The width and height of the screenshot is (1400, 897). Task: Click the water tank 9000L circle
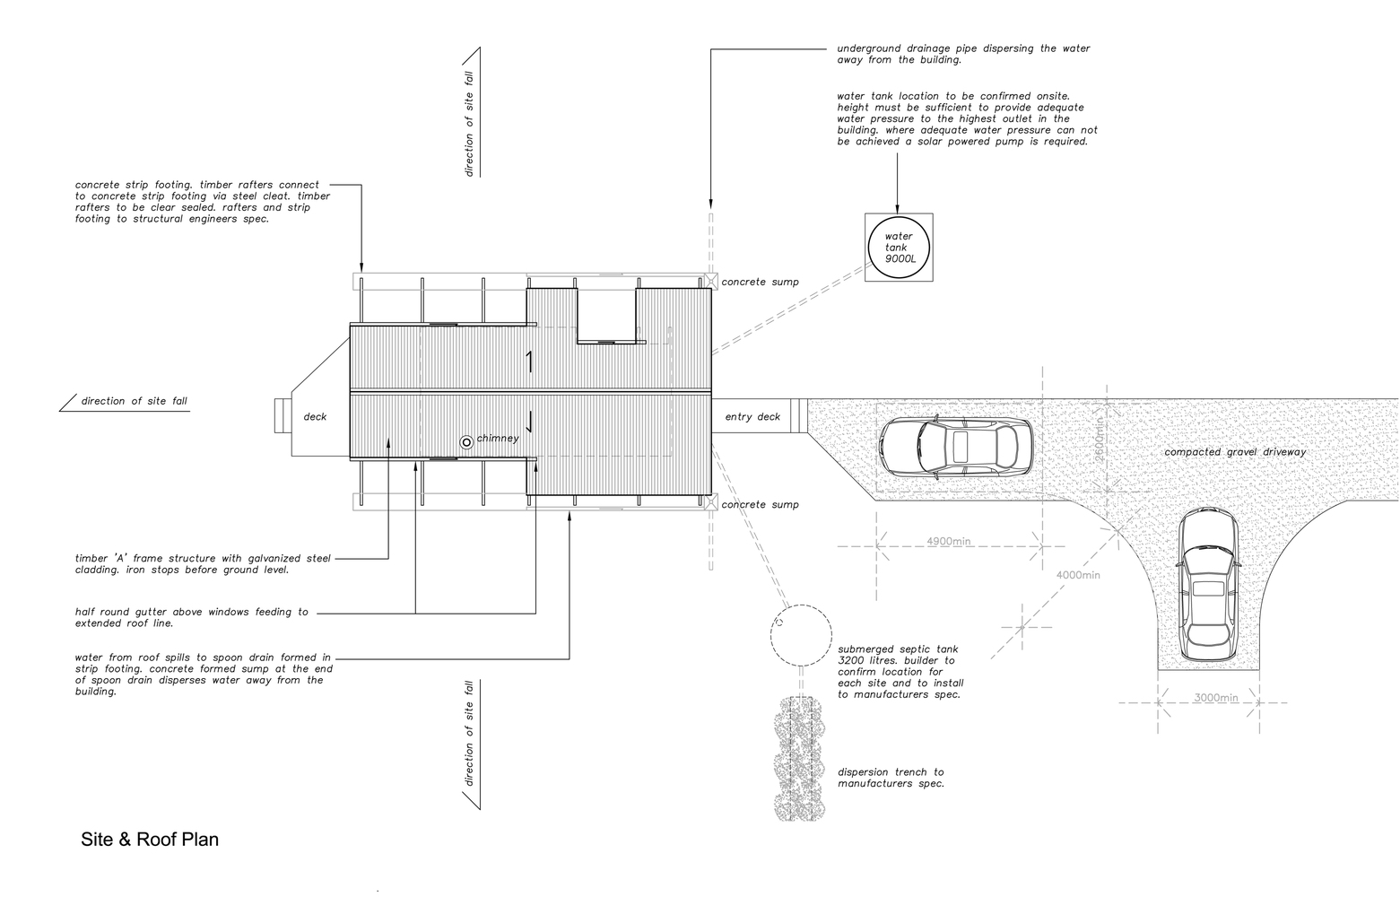click(x=899, y=218)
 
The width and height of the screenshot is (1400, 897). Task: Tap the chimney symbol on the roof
click(x=466, y=442)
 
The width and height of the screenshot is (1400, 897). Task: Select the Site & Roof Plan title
click(x=150, y=839)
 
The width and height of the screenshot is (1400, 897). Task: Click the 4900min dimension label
click(x=948, y=541)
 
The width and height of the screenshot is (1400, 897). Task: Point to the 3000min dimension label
click(x=1215, y=698)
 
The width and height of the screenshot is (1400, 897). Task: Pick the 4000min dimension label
click(x=1078, y=574)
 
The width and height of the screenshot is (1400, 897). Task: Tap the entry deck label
click(x=752, y=417)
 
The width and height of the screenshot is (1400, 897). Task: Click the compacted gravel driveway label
click(x=1235, y=452)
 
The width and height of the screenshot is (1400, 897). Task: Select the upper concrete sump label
click(x=760, y=282)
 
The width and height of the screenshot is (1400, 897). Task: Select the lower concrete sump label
click(x=760, y=504)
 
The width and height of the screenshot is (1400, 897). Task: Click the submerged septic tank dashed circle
click(x=801, y=605)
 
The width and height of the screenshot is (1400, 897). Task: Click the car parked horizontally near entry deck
click(x=956, y=448)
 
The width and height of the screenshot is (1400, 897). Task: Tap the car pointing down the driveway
click(x=1208, y=585)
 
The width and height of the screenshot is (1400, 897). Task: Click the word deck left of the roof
click(x=315, y=417)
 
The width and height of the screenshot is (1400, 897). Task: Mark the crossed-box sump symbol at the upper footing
click(x=711, y=281)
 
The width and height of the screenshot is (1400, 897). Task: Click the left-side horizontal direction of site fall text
click(x=134, y=401)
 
